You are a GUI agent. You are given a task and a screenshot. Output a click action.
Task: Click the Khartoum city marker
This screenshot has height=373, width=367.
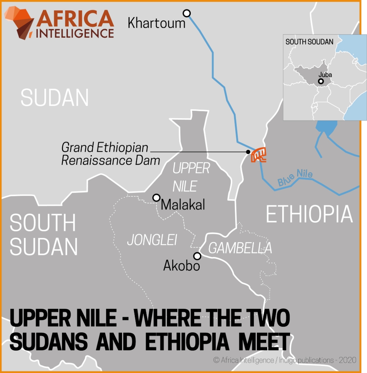click(x=187, y=13)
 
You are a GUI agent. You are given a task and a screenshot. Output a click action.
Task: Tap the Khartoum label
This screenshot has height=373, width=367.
click(x=156, y=23)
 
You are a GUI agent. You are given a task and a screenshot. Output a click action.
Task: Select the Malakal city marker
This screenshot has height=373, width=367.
click(x=157, y=197)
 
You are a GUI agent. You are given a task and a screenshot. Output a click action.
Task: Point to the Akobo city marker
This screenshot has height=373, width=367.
click(x=197, y=256)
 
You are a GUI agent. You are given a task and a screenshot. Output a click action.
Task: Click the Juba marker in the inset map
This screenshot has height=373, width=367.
click(x=320, y=81)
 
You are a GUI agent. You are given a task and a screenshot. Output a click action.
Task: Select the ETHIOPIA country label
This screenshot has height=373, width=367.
click(x=309, y=214)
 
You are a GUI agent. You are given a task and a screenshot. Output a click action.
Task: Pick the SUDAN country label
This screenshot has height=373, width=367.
click(x=55, y=98)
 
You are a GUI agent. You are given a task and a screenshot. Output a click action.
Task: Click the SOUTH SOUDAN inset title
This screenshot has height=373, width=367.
click(x=309, y=42)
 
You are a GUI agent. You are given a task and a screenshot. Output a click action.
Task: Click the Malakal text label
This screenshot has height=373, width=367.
click(x=183, y=205)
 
